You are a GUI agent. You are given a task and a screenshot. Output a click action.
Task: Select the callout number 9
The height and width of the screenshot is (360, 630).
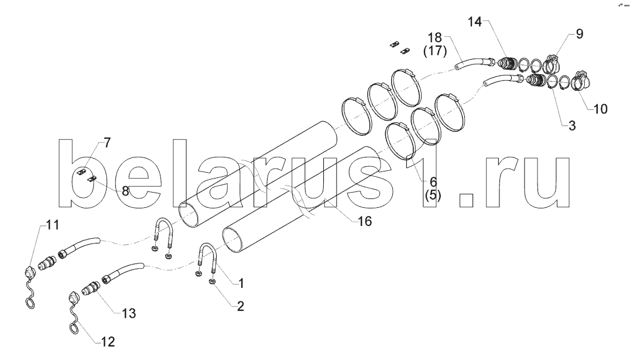click(579, 34)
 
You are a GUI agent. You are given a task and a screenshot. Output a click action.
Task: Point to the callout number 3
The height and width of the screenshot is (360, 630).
click(572, 125)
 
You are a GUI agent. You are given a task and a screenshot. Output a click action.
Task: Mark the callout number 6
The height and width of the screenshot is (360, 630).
click(433, 182)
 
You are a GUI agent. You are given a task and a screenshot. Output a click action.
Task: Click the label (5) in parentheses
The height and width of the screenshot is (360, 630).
click(433, 196)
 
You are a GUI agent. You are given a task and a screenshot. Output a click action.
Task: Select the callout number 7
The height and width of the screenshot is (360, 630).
click(107, 142)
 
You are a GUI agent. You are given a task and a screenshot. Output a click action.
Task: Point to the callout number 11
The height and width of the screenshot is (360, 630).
click(53, 225)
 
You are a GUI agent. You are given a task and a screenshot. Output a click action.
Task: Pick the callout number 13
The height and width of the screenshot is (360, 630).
click(128, 313)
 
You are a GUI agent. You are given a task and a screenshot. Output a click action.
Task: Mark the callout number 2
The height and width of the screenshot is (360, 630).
click(241, 305)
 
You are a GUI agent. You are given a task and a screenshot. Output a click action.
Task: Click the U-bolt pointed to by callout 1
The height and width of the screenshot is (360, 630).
click(210, 258)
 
